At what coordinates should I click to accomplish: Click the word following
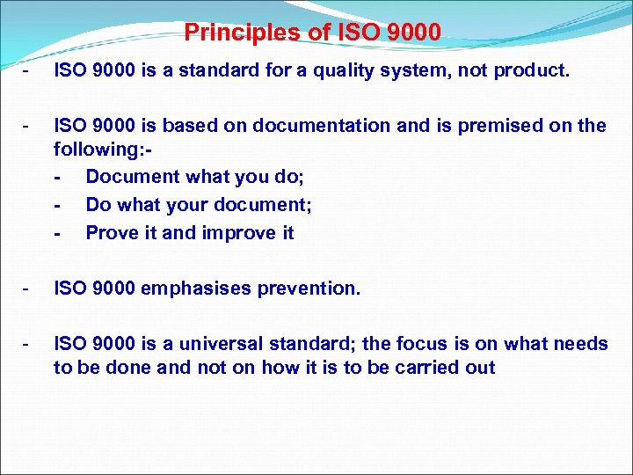94,150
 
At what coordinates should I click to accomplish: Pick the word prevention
314,289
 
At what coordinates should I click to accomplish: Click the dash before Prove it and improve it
57,233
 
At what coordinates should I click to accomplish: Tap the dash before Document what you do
57,177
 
